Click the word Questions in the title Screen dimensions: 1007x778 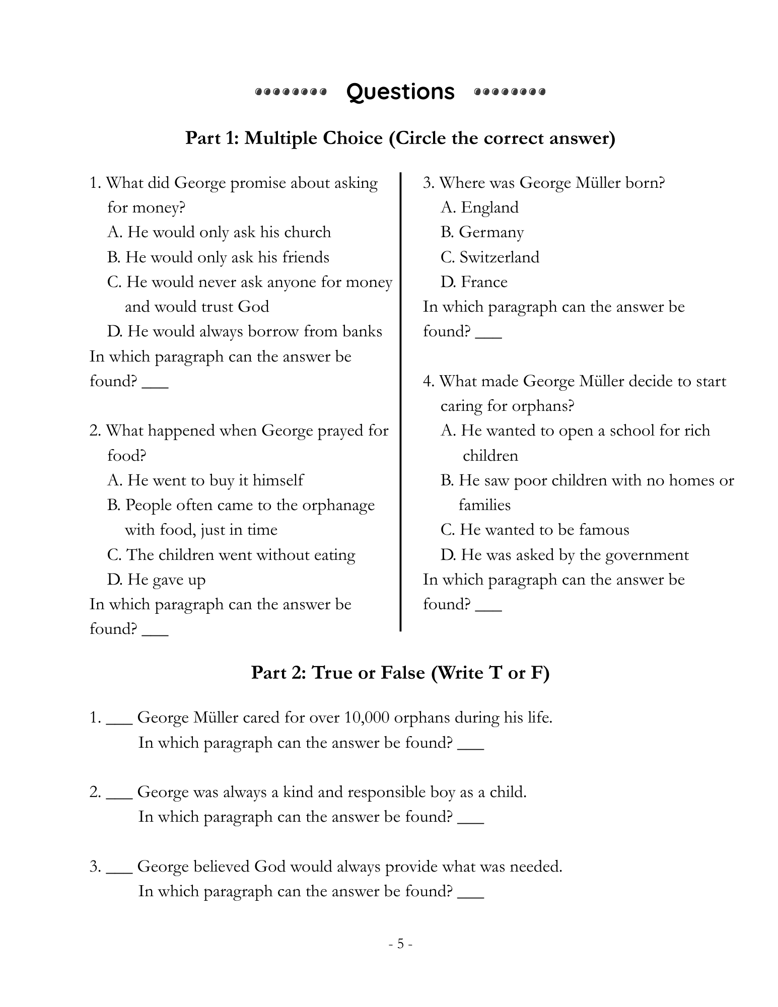400,92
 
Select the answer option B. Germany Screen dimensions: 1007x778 482,232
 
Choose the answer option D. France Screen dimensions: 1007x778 474,282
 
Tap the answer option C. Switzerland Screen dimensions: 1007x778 489,257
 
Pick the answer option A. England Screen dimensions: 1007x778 479,207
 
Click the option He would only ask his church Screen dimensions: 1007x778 219,232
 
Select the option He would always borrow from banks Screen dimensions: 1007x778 244,331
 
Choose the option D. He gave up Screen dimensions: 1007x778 156,580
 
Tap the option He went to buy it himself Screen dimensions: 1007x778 205,480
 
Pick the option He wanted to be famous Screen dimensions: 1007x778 535,530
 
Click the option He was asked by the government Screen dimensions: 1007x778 564,555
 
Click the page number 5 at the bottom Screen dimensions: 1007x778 400,944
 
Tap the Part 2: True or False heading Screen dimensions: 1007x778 400,673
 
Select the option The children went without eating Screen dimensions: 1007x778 231,555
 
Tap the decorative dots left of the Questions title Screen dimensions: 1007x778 291,92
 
